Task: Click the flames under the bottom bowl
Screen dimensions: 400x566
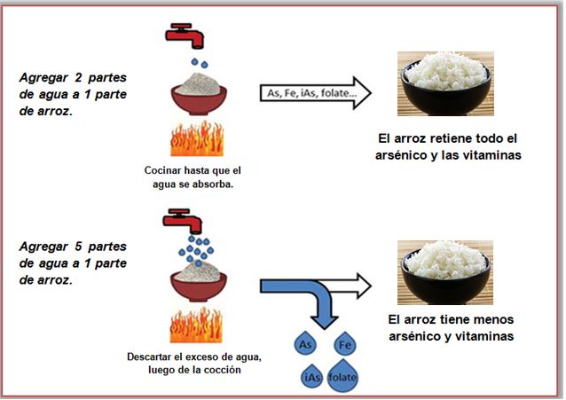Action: pyautogui.click(x=198, y=326)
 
